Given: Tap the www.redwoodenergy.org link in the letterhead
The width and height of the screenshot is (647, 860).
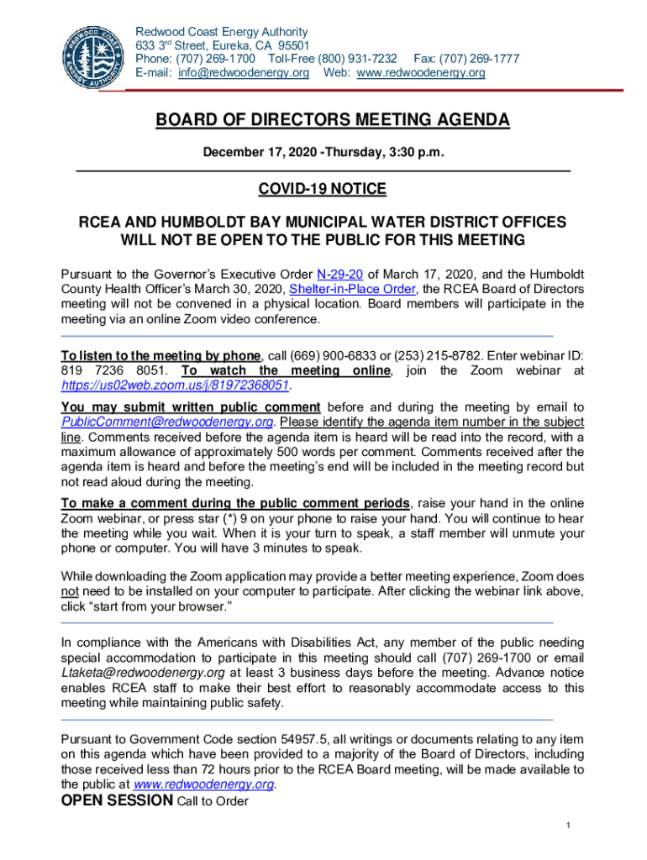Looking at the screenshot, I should (x=421, y=73).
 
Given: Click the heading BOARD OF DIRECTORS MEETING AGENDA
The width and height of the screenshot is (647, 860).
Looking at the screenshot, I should (x=333, y=121).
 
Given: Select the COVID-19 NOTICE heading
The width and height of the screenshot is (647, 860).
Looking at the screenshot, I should (x=323, y=190).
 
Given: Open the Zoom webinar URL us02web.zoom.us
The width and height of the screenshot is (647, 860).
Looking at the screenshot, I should (x=176, y=385).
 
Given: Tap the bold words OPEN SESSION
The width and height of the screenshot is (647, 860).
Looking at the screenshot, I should (x=118, y=800).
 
